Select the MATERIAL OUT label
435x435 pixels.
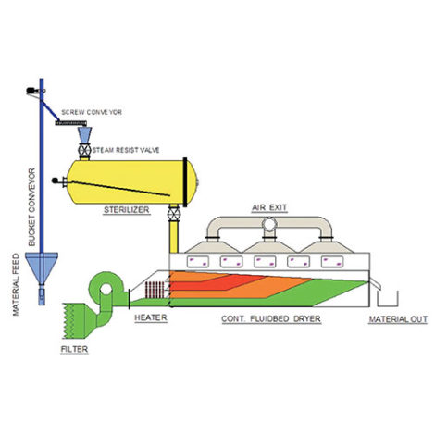tap(397, 318)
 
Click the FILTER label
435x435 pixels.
tap(75, 351)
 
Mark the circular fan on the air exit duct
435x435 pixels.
tap(270, 224)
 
